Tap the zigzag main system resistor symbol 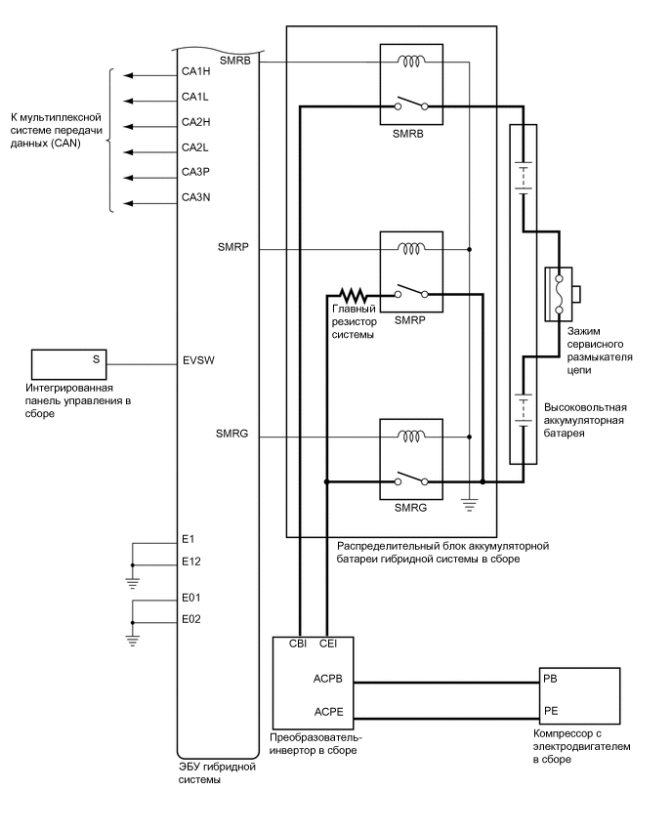click(350, 294)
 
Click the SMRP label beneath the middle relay click(410, 319)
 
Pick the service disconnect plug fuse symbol click(560, 294)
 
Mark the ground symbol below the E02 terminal click(131, 639)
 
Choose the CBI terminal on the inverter click(300, 644)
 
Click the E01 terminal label click(191, 596)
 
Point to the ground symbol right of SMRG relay click(469, 503)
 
